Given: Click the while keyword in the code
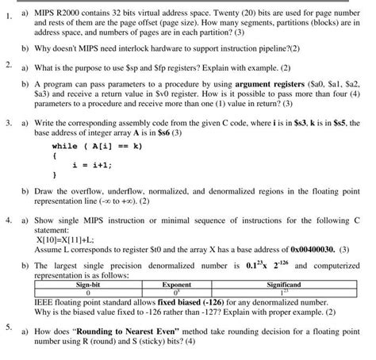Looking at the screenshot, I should [x=64, y=146].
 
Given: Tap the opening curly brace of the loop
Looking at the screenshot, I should [x=54, y=155].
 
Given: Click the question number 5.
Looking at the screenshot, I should [x=7, y=326].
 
